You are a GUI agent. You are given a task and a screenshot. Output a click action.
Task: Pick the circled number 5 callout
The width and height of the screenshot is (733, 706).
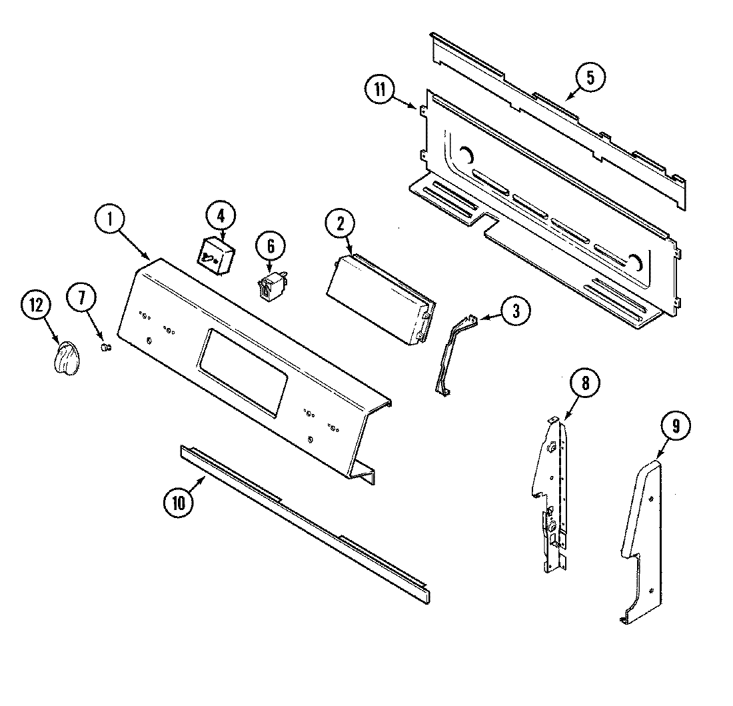(590, 78)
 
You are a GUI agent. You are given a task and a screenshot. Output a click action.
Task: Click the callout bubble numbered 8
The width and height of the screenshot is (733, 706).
(584, 383)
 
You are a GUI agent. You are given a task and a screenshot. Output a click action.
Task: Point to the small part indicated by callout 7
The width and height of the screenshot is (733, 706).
(105, 347)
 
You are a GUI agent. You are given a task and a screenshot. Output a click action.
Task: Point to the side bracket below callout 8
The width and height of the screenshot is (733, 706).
(553, 493)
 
